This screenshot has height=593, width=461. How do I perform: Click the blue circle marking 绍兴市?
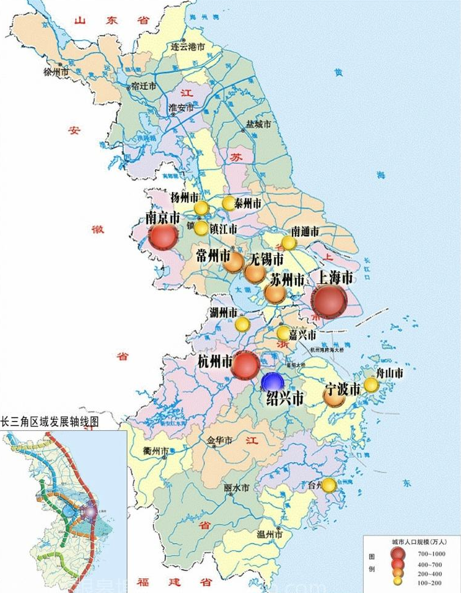pyautogui.click(x=272, y=382)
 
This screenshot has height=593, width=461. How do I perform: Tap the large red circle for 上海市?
pyautogui.click(x=329, y=301)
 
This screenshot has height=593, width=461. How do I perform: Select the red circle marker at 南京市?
pyautogui.click(x=163, y=236)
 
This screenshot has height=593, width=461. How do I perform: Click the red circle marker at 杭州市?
pyautogui.click(x=245, y=365)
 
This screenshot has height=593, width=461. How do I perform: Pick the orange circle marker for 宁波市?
pyautogui.click(x=334, y=397)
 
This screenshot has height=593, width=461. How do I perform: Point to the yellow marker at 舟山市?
pyautogui.click(x=371, y=384)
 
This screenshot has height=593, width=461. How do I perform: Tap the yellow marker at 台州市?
pyautogui.click(x=329, y=485)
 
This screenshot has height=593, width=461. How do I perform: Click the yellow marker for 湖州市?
pyautogui.click(x=242, y=324)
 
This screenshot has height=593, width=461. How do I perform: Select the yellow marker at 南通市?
pyautogui.click(x=289, y=243)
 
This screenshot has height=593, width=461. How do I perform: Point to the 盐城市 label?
pyautogui.click(x=258, y=124)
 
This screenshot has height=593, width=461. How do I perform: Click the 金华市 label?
pyautogui.click(x=219, y=440)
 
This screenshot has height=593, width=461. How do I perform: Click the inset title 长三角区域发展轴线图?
pyautogui.click(x=49, y=422)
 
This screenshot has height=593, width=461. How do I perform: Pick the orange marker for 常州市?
pyautogui.click(x=234, y=263)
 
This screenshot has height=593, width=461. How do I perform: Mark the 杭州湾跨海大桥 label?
pyautogui.click(x=328, y=350)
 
